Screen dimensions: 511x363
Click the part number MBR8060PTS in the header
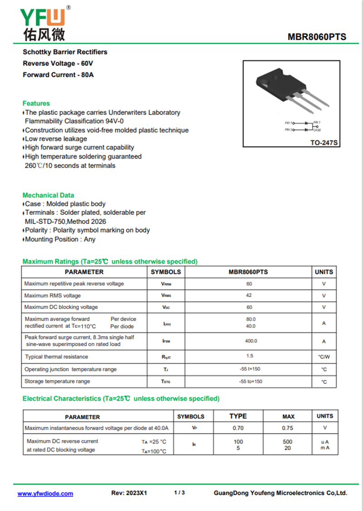317,37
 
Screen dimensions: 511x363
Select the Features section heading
36,103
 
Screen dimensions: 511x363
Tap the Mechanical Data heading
48,195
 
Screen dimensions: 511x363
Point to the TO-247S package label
324,143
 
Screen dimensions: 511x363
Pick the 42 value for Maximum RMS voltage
249,295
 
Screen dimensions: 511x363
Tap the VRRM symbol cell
166,284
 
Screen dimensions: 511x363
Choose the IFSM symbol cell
166,341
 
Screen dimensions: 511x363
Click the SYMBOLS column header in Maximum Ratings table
166,272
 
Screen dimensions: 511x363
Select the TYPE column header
238,416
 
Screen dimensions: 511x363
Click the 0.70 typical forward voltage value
238,428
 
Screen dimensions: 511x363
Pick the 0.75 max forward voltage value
288,428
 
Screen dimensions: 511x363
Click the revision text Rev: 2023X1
129,493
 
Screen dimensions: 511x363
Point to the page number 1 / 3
180,492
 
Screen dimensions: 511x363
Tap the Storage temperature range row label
57,381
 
